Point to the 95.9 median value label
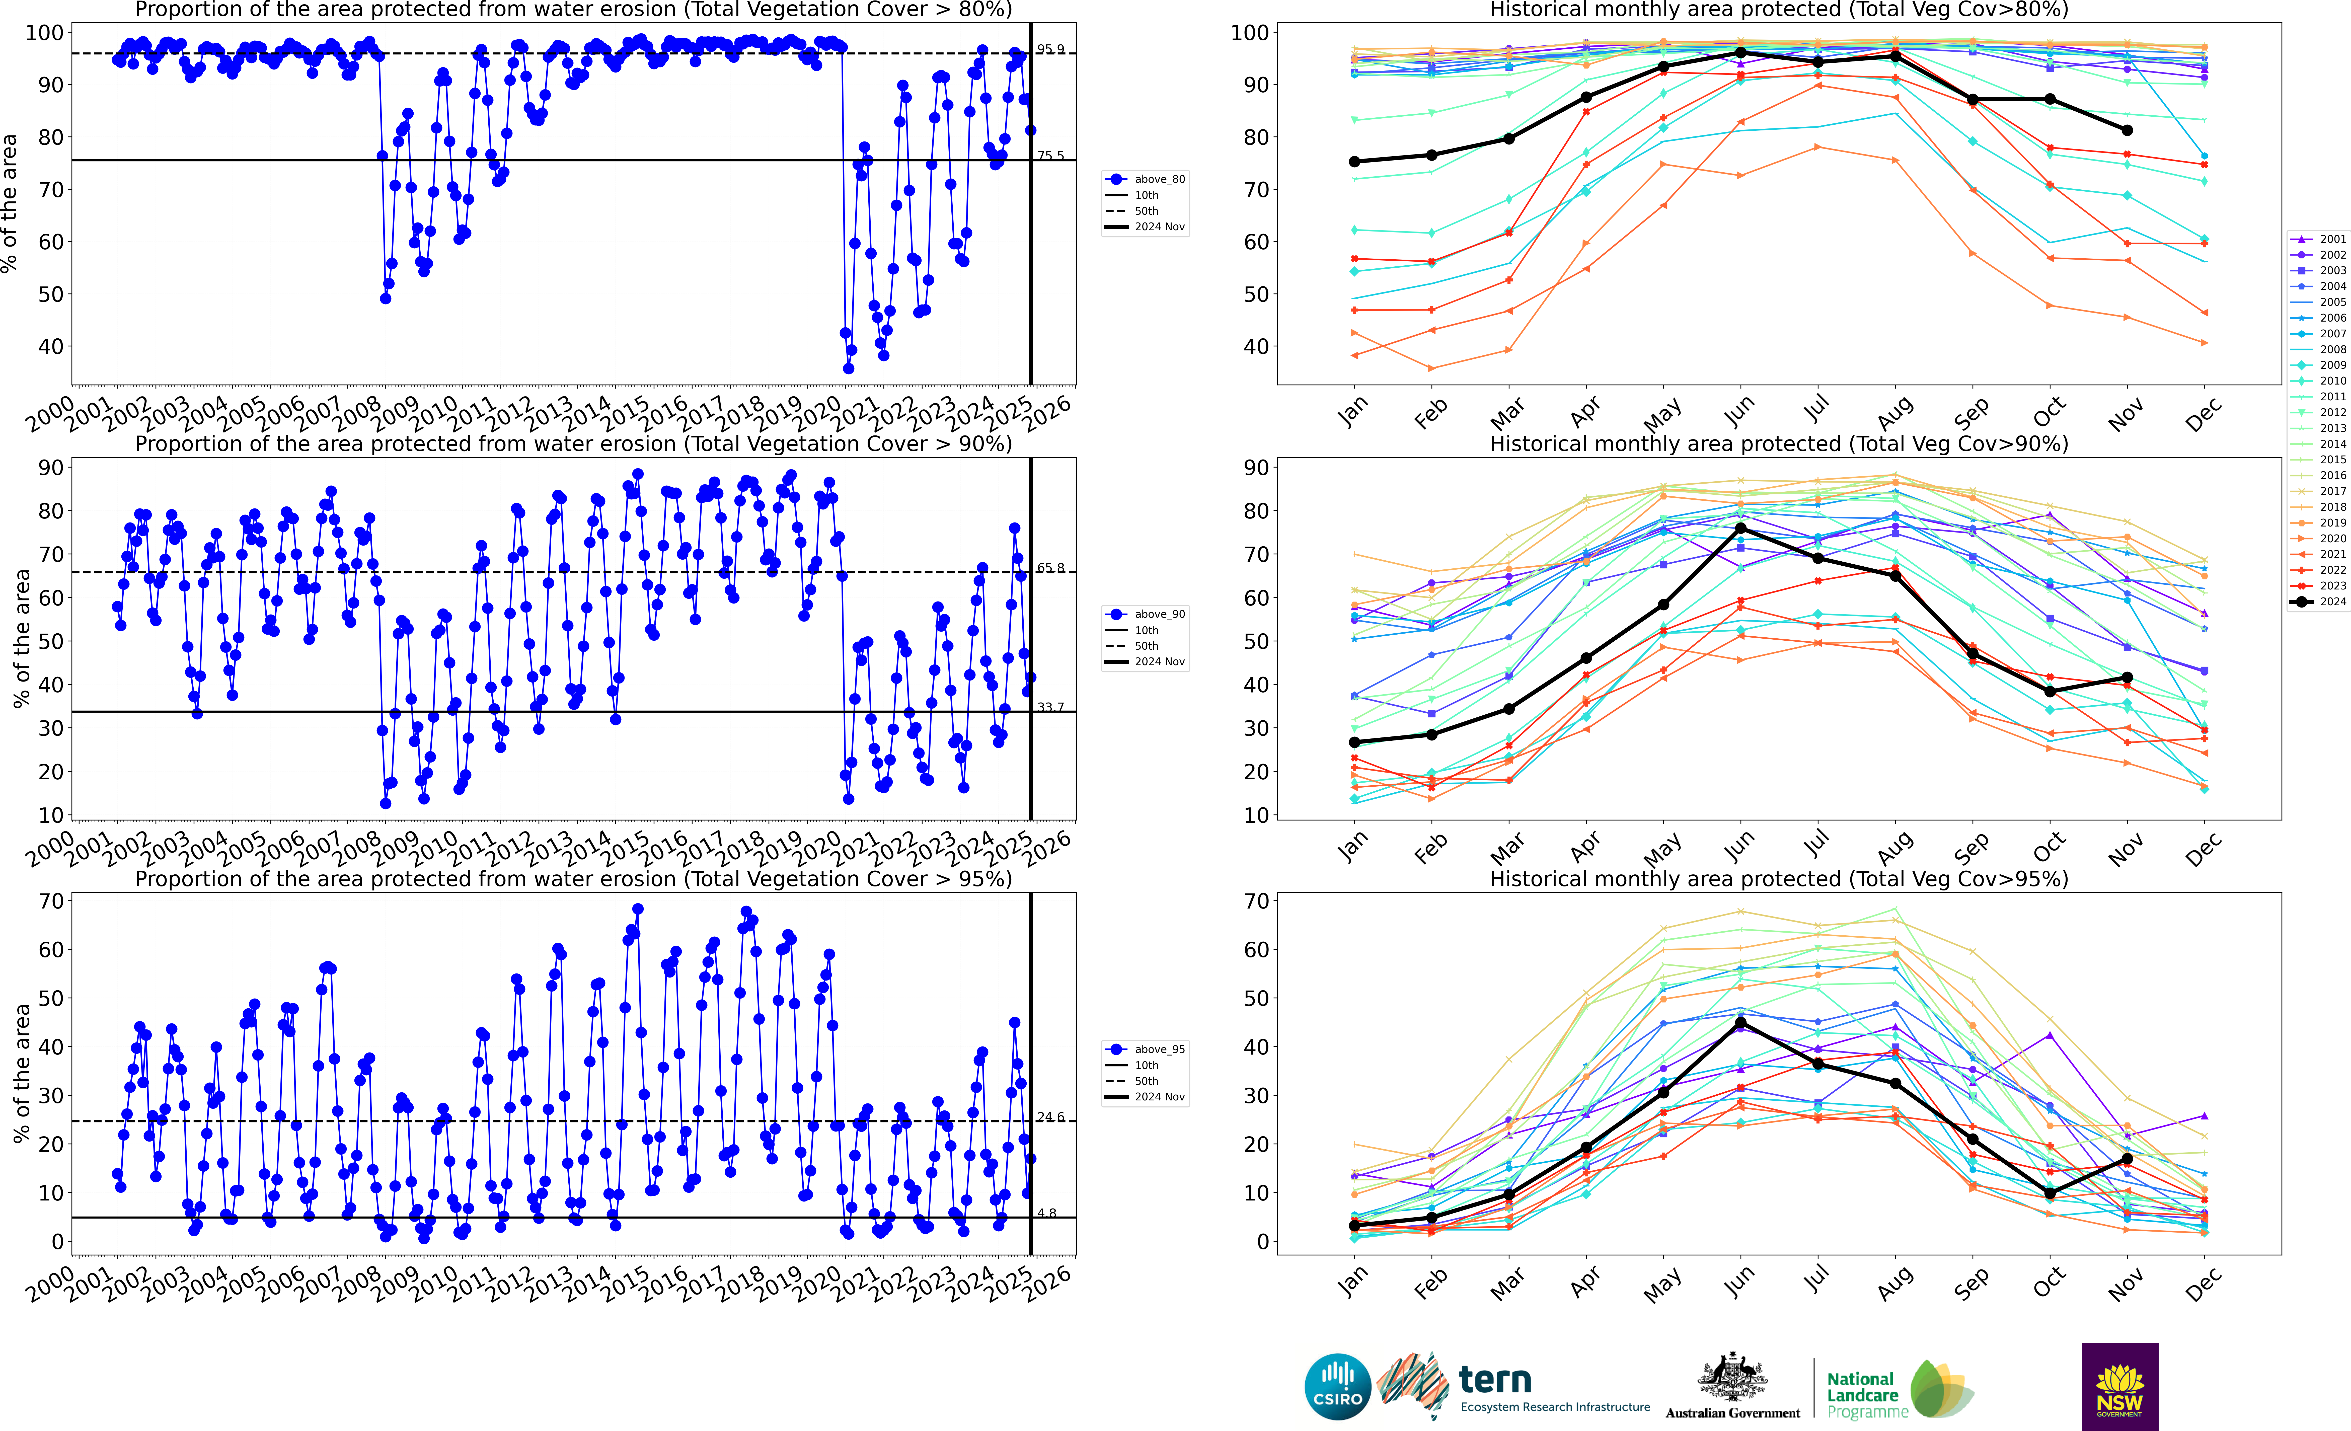1050,50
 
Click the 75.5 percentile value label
1050,156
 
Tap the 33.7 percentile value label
1050,707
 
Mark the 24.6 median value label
1050,1117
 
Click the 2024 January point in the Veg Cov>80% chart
1355,162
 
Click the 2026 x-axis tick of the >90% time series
1048,847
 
